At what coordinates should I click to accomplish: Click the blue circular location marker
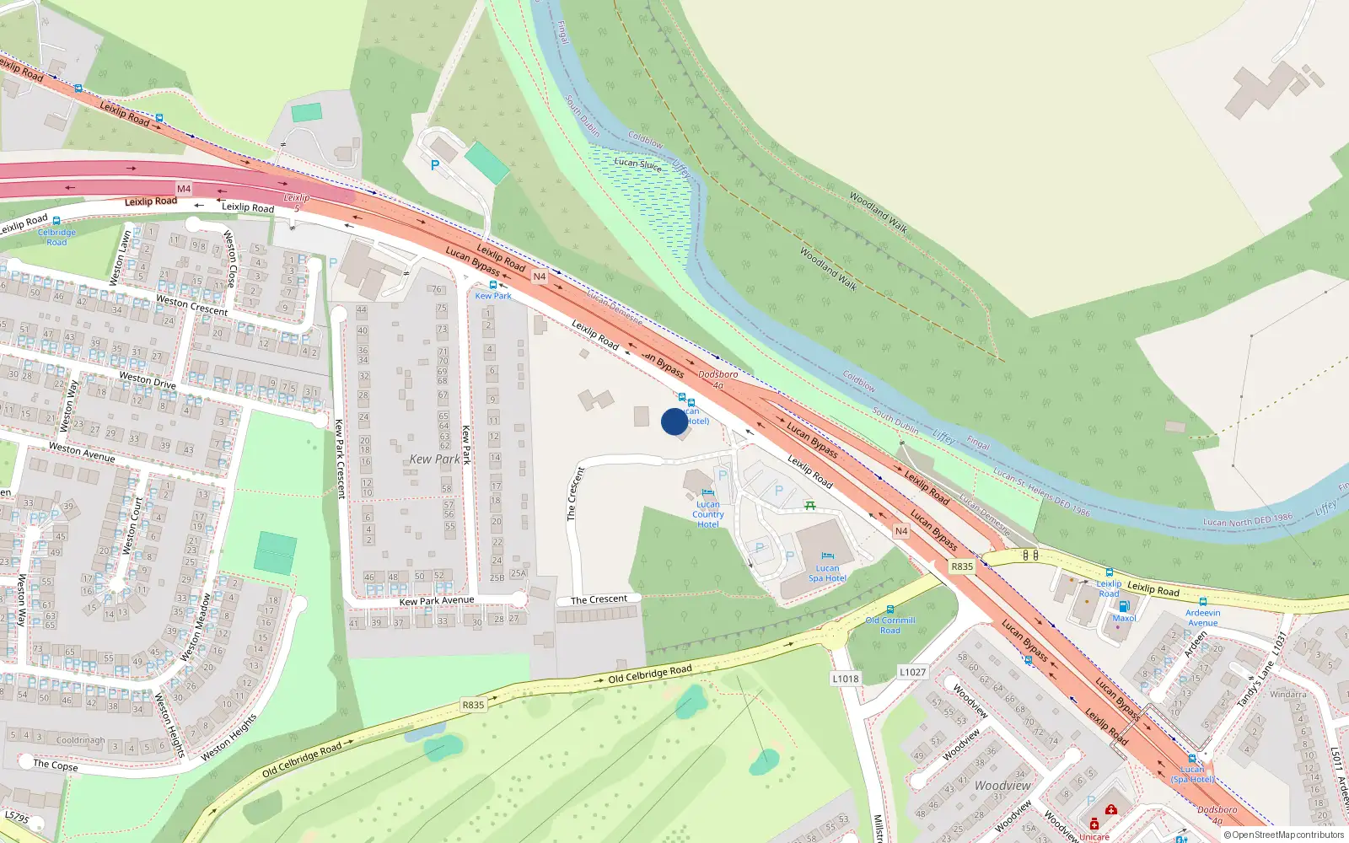tap(674, 421)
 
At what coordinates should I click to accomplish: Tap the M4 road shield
tap(184, 189)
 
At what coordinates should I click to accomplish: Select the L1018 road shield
tap(846, 679)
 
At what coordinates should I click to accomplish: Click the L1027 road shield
tap(912, 672)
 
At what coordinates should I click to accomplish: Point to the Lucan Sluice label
tap(637, 164)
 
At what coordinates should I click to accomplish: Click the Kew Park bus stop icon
tap(493, 285)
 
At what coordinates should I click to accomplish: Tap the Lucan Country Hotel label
tap(708, 514)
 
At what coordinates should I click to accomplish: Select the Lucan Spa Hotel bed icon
tap(827, 556)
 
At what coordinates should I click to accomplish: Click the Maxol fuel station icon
tap(1123, 606)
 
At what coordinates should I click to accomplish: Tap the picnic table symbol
tap(809, 505)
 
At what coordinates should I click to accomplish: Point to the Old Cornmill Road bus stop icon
tap(890, 609)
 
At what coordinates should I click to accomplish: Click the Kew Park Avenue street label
tap(436, 601)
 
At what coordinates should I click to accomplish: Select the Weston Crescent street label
tap(192, 305)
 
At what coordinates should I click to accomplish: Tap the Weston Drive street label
tap(148, 380)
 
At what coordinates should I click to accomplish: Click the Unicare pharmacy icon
tap(1094, 824)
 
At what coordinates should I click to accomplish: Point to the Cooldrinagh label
tap(81, 741)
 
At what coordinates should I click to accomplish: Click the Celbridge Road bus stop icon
tap(56, 221)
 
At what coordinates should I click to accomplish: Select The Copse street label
tap(56, 765)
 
